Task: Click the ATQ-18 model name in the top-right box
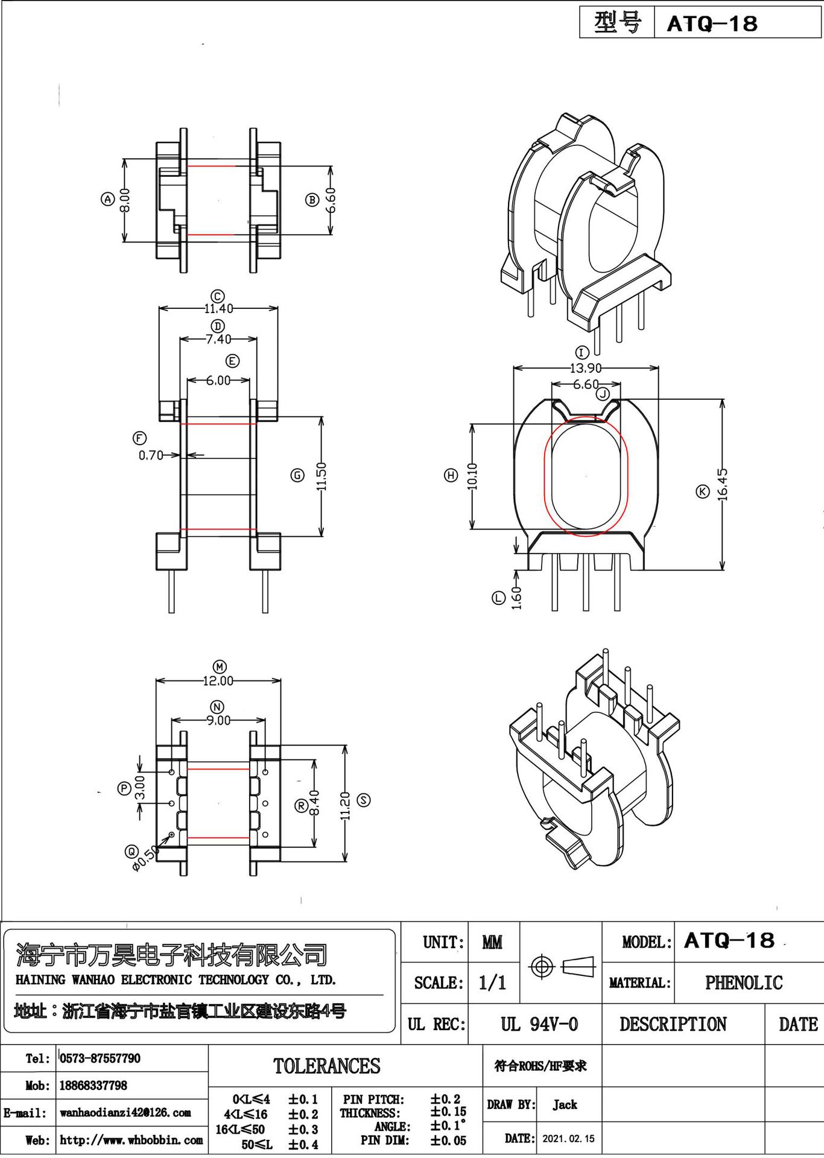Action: click(712, 24)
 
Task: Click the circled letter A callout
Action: click(107, 199)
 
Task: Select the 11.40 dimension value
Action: click(218, 308)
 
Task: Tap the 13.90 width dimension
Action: click(585, 367)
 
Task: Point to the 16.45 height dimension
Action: click(723, 485)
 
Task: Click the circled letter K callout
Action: click(702, 492)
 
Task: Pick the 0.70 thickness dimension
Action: click(151, 455)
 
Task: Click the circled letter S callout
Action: click(364, 800)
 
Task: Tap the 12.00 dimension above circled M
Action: click(218, 681)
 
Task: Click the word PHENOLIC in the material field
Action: click(743, 982)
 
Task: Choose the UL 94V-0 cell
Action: click(539, 1024)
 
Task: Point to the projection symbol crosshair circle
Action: click(541, 967)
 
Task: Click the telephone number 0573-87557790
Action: click(100, 1058)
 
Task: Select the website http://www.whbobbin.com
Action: click(131, 1140)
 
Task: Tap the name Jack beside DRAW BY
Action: click(565, 1104)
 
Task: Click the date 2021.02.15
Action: click(568, 1139)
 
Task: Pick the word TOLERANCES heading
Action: click(326, 1066)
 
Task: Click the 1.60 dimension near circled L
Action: click(516, 598)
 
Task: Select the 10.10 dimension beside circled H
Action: click(472, 476)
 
